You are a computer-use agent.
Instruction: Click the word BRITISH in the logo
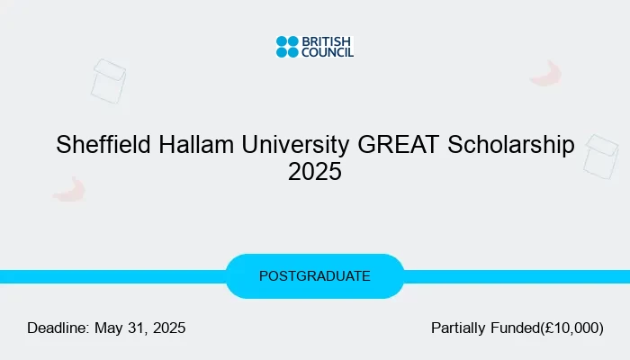click(x=326, y=41)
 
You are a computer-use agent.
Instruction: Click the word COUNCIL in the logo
click(x=328, y=52)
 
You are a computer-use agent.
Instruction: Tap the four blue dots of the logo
click(x=287, y=47)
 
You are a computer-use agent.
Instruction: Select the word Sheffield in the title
click(x=103, y=144)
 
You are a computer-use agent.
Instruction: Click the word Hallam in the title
click(x=196, y=144)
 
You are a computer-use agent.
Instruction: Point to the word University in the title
click(x=295, y=145)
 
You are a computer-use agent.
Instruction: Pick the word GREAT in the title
click(x=398, y=144)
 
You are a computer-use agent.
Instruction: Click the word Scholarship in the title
click(x=511, y=145)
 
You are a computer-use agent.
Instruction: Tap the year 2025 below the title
click(x=315, y=172)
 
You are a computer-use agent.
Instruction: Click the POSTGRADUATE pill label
click(x=315, y=276)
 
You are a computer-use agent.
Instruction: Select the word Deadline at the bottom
click(x=58, y=328)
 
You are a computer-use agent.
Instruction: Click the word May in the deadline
click(x=109, y=328)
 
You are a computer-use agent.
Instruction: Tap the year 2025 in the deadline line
click(x=169, y=328)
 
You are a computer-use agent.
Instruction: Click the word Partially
click(x=458, y=328)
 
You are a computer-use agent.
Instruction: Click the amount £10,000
click(x=571, y=328)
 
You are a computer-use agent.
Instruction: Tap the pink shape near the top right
click(x=546, y=75)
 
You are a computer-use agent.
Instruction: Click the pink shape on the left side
click(x=69, y=190)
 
